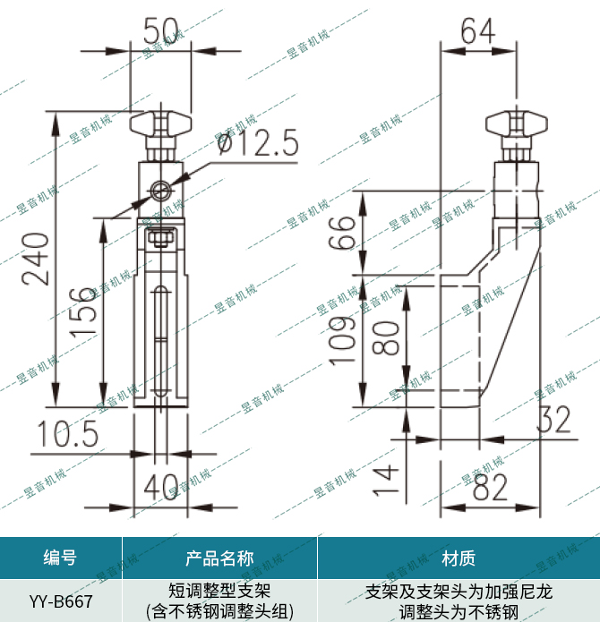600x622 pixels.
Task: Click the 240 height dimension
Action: (x=36, y=258)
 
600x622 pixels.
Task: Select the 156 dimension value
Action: (x=83, y=311)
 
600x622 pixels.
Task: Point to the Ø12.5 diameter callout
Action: (x=256, y=142)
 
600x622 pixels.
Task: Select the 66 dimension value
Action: (x=341, y=234)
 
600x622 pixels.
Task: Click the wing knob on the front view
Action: (x=161, y=123)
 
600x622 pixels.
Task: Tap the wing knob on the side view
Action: (x=516, y=123)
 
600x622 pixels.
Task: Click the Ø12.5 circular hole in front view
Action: (x=161, y=190)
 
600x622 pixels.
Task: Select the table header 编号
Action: (x=60, y=559)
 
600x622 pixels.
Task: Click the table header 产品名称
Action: (x=219, y=559)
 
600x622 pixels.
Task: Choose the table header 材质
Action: (x=459, y=559)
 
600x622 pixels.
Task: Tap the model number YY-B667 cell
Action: (x=60, y=601)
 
